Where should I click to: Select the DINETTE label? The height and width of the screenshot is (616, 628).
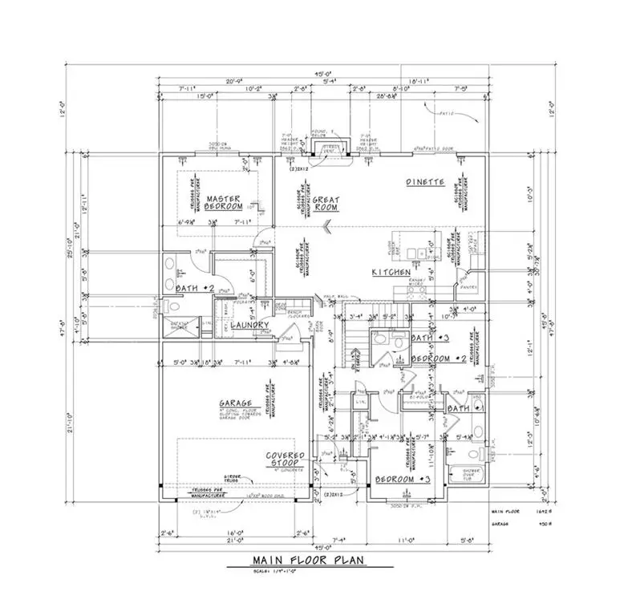pyautogui.click(x=425, y=182)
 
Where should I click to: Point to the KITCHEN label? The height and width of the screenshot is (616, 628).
pyautogui.click(x=391, y=273)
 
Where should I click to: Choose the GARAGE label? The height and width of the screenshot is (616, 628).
pyautogui.click(x=236, y=403)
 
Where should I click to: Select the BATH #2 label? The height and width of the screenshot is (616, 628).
pyautogui.click(x=192, y=286)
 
